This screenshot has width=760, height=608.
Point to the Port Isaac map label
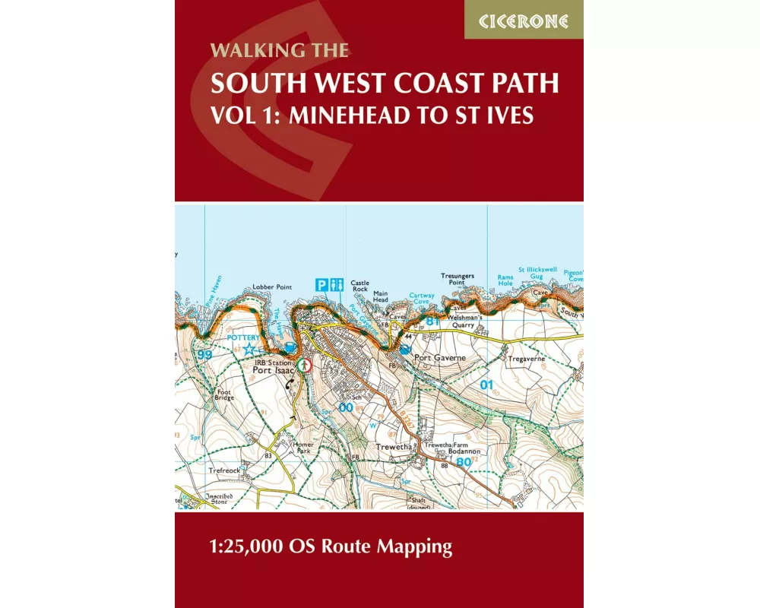(272, 371)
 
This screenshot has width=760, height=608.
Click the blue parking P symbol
(322, 284)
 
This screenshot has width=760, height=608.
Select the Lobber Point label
(272, 287)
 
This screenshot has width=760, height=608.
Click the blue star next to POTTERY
(249, 350)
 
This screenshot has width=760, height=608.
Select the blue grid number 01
(487, 385)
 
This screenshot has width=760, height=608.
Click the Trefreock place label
(224, 471)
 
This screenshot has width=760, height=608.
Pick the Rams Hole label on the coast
(505, 280)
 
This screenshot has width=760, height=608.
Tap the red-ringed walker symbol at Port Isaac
(305, 365)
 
